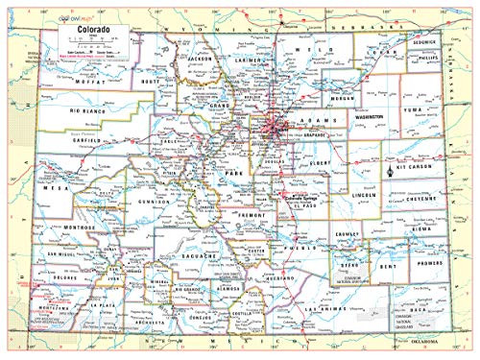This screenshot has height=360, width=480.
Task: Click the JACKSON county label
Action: [200, 60]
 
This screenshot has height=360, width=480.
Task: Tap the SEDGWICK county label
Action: [424, 43]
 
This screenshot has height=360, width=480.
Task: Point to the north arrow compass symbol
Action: [389, 170]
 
